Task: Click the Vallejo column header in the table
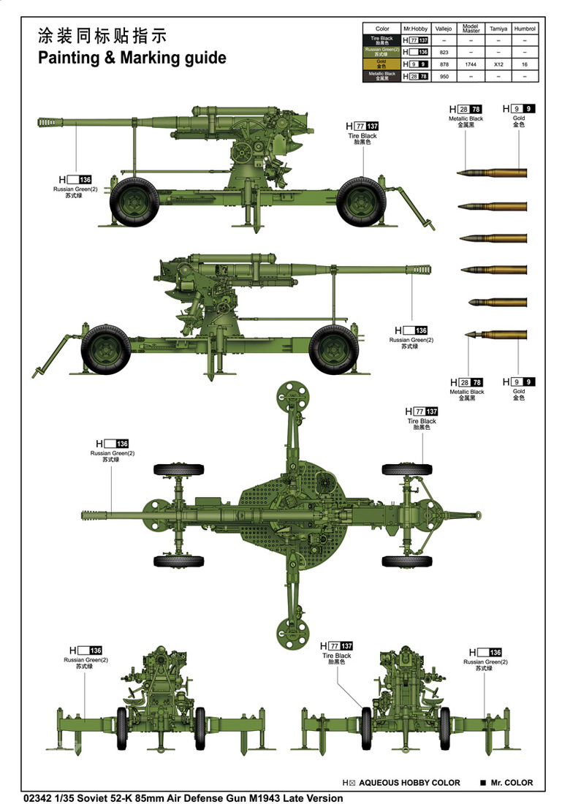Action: [x=445, y=29]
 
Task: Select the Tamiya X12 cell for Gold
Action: [x=498, y=64]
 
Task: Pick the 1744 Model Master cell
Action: [x=471, y=64]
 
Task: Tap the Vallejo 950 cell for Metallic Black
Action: [x=445, y=76]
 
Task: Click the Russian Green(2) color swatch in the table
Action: [x=381, y=52]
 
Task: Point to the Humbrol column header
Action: [x=525, y=29]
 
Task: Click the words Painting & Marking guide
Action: [x=132, y=58]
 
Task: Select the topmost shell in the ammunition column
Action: [x=490, y=173]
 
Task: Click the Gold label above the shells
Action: [x=519, y=118]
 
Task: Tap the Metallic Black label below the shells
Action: [x=466, y=392]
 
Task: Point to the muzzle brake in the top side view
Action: [x=52, y=120]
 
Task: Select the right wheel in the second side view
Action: [x=333, y=348]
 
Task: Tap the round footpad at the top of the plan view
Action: [x=290, y=395]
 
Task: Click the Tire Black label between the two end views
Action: [x=337, y=656]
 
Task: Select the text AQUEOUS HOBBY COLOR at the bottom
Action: [x=410, y=783]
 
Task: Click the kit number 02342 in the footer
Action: [x=38, y=798]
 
